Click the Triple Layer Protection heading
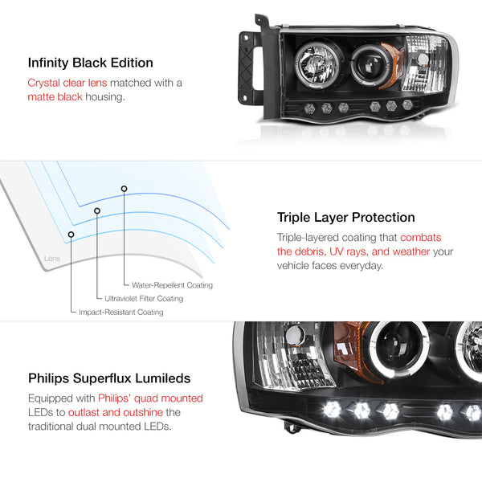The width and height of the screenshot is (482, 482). click(345, 217)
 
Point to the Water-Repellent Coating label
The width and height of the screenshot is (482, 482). click(167, 285)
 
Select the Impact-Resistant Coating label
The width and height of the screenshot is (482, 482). click(120, 312)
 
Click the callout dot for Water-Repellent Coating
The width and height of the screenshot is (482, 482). click(124, 188)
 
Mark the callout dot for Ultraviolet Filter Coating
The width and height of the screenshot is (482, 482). click(97, 210)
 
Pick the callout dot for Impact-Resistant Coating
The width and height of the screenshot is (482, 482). click(71, 234)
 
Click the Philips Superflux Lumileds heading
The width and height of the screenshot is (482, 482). click(110, 378)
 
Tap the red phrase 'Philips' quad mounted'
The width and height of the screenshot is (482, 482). click(150, 398)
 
